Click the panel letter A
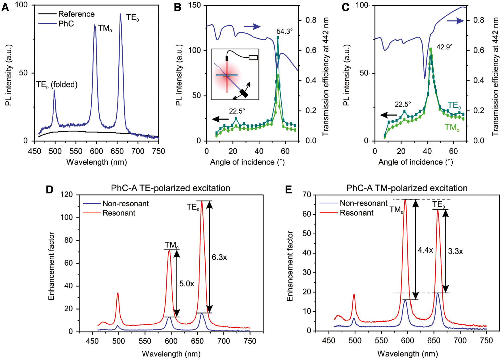(5, 7)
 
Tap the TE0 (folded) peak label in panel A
(57, 85)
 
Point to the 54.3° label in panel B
(284, 32)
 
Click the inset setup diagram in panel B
(235, 74)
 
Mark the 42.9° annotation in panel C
(444, 47)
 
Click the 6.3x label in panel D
(219, 257)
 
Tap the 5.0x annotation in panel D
(187, 284)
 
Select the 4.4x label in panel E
(425, 250)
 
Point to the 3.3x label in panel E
(455, 251)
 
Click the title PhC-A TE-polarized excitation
(170, 188)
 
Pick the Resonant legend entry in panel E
(356, 213)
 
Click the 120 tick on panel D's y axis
(67, 194)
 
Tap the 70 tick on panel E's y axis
(307, 195)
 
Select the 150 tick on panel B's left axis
(194, 5)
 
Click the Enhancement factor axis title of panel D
(51, 266)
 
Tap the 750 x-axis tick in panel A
(159, 151)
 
